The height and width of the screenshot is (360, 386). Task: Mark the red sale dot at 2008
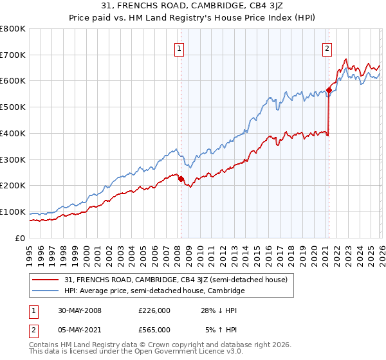click(x=181, y=179)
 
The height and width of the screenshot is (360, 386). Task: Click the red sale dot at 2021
click(x=328, y=91)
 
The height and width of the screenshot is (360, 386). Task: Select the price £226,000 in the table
click(x=154, y=310)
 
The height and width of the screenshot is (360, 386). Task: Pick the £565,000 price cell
click(x=154, y=329)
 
